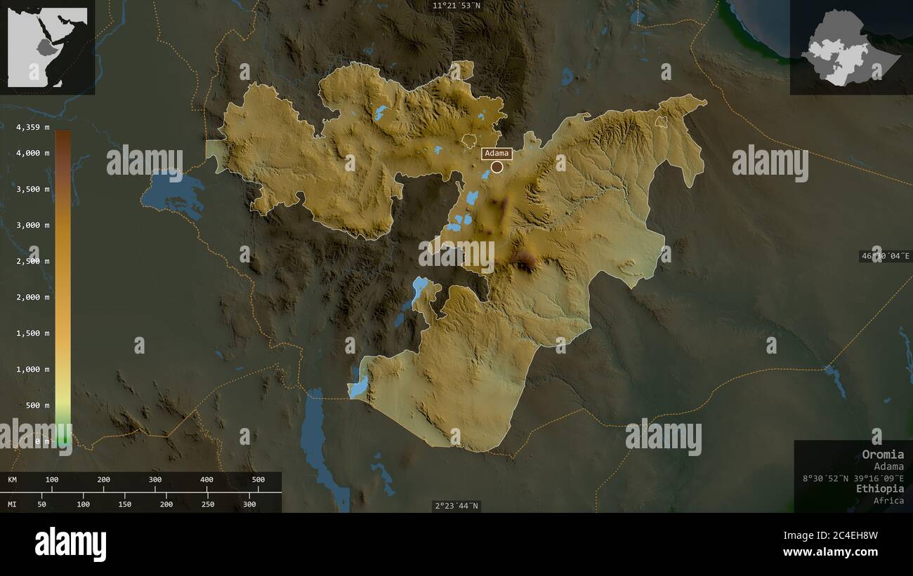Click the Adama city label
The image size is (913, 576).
(x=497, y=154)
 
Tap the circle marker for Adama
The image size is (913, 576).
(x=497, y=167)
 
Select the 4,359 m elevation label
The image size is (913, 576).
(x=33, y=127)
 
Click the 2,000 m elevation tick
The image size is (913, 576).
(x=33, y=297)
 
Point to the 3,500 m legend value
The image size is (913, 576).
(x=33, y=189)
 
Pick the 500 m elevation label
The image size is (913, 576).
(x=38, y=405)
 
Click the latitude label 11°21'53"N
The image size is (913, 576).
(x=456, y=6)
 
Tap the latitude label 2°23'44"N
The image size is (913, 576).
(x=456, y=505)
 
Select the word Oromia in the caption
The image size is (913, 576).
(x=883, y=454)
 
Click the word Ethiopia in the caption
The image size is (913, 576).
(x=880, y=488)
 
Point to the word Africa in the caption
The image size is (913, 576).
(x=888, y=500)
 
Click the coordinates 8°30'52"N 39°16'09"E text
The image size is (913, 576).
(x=853, y=478)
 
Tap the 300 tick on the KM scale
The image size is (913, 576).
(x=155, y=480)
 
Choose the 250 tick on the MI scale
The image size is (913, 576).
(x=208, y=504)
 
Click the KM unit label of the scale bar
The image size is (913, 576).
(x=13, y=480)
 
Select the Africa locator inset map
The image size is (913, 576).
(x=47, y=47)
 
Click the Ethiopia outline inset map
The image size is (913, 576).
(x=850, y=47)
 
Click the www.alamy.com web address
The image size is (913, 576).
(x=830, y=552)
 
